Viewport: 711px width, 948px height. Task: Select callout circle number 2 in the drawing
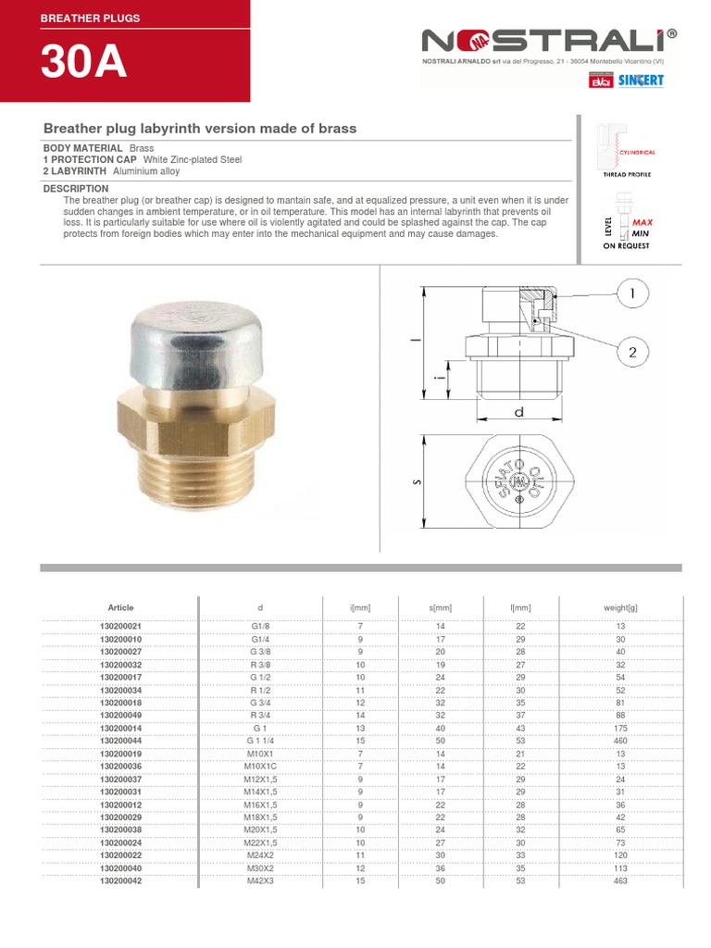633,352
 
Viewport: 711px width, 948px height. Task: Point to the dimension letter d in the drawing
519,412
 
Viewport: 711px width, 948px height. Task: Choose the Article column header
121,607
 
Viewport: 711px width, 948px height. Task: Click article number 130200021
121,627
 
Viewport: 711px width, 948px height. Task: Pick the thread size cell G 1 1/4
260,740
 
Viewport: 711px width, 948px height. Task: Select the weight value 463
620,881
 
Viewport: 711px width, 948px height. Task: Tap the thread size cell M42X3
260,881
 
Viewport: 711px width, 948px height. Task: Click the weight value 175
620,728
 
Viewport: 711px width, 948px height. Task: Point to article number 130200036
121,766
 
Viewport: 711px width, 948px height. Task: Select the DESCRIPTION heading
76,189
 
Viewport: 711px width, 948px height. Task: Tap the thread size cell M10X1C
260,766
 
